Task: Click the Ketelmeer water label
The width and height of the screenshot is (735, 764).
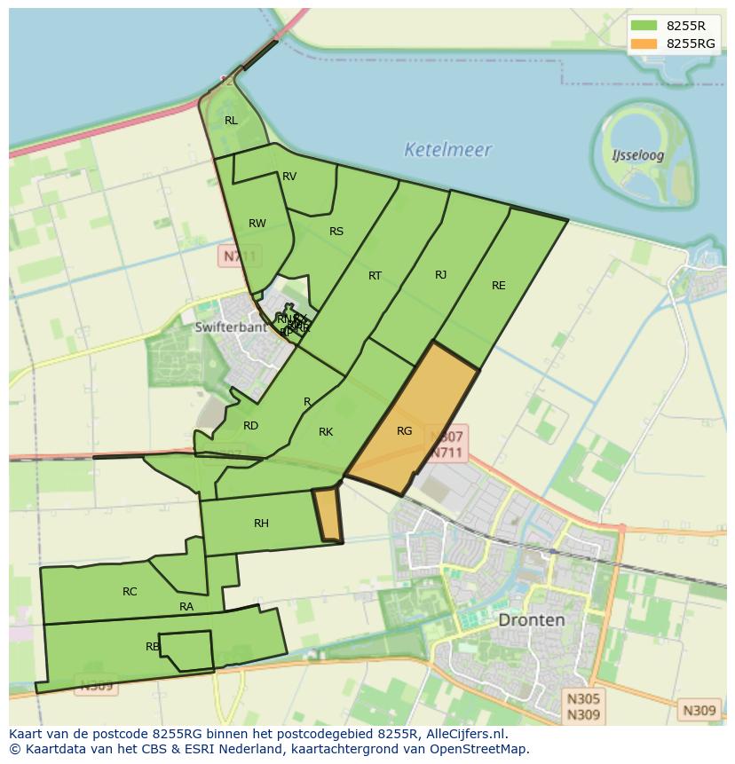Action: pos(447,149)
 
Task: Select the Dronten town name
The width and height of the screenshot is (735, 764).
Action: pos(531,619)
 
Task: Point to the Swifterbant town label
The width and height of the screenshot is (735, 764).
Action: pos(231,327)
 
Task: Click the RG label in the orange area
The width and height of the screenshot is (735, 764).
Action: pos(405,431)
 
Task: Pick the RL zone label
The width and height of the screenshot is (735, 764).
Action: pos(231,121)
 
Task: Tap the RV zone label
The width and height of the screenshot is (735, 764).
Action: pos(289,177)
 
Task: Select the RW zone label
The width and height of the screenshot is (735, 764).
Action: pos(257,224)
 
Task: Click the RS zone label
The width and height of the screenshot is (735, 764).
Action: pos(336,232)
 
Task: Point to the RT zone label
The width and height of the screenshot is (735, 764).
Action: pos(375,276)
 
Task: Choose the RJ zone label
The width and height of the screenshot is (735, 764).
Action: pos(440,275)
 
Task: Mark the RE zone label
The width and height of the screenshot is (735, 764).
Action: pos(499,286)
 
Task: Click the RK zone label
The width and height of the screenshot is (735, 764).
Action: pos(326,432)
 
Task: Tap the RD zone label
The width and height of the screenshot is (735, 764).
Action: pos(251,426)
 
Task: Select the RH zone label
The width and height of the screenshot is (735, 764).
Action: pos(261,524)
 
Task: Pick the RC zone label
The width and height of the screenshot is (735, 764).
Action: pos(130,592)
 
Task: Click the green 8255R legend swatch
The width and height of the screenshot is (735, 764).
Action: pos(644,26)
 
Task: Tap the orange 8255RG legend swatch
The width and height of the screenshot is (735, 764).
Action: pos(644,43)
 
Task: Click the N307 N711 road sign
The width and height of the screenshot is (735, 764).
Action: pos(447,444)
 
